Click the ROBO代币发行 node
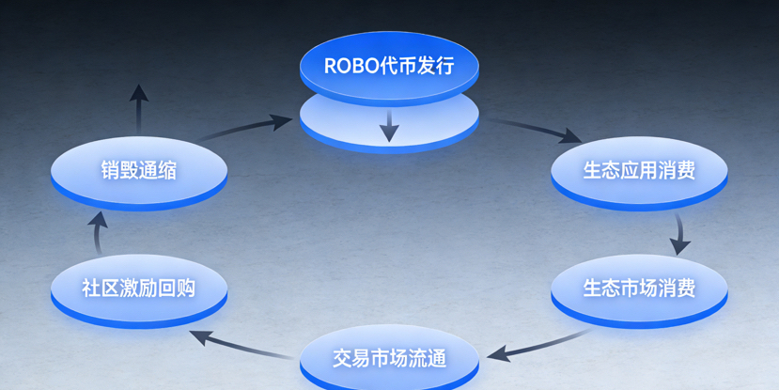[x=389, y=67]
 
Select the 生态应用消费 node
[x=639, y=171]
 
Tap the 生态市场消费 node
[x=639, y=288]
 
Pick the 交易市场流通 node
[x=389, y=358]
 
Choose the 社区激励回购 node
[x=139, y=288]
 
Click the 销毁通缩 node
[x=139, y=171]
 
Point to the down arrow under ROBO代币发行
[x=389, y=128]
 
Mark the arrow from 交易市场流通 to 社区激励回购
[x=239, y=344]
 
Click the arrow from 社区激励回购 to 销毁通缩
[x=99, y=230]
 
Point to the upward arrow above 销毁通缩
[x=139, y=108]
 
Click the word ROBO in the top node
[x=349, y=67]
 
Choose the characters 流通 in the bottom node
[x=427, y=358]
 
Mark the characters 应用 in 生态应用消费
[x=639, y=171]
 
